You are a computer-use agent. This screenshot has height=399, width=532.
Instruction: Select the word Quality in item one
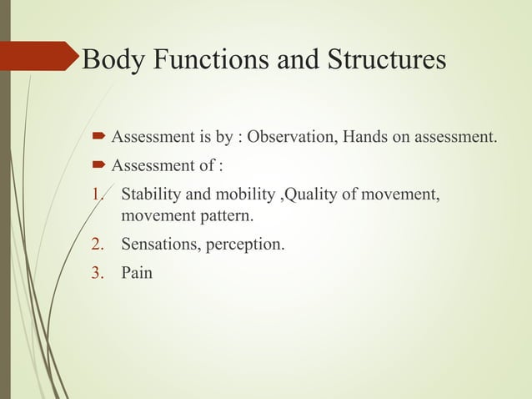click(x=314, y=196)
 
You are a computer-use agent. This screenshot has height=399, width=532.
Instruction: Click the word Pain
click(x=137, y=272)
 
